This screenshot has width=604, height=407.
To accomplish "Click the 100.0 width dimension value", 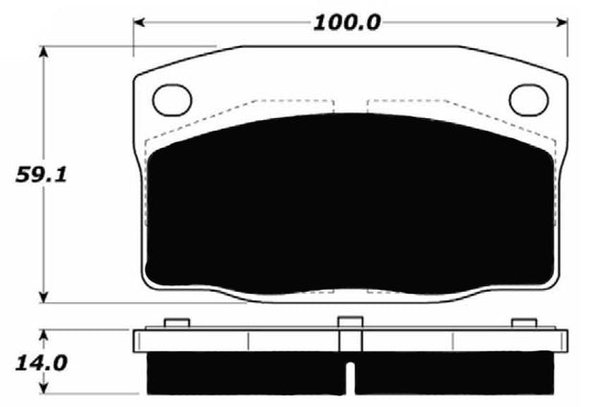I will coord(348,20).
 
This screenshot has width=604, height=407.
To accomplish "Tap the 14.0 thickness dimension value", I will coord(25,364).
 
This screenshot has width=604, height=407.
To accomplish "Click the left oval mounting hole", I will coord(174,98).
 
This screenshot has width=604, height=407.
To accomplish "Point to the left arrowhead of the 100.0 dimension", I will coord(140,20).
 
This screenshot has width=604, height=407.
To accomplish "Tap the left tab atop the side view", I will coord(174,323).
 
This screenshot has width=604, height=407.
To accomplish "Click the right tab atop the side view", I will coord(523,323).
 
